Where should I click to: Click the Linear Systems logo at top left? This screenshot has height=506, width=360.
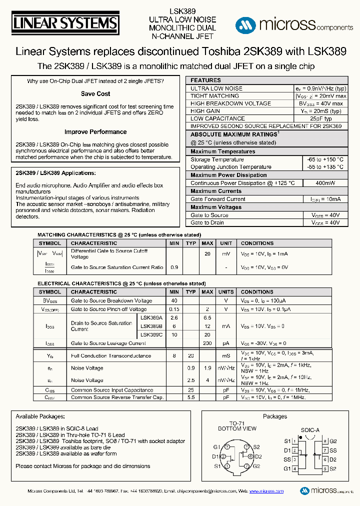point(65,23)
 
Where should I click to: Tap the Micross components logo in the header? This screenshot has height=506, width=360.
point(294,24)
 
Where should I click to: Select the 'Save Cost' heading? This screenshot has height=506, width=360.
point(95,94)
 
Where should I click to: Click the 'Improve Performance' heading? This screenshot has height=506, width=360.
point(95,132)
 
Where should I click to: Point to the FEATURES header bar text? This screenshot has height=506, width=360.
point(205,80)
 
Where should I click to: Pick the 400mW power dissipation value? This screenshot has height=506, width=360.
point(325,183)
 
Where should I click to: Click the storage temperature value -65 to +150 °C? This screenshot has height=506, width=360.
point(325,159)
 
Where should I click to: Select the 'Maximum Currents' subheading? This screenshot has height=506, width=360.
point(216,191)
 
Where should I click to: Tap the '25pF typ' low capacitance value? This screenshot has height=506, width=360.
point(320,118)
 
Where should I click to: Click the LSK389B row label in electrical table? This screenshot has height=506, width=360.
point(151,326)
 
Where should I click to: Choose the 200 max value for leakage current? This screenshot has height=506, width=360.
point(207,343)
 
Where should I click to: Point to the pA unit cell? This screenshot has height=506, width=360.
point(226,343)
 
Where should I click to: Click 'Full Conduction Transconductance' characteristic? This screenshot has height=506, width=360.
point(111,356)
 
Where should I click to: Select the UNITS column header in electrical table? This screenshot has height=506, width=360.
point(226,291)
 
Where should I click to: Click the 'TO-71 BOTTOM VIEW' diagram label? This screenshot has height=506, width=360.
point(237,425)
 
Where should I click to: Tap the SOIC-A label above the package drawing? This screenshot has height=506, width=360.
point(310,429)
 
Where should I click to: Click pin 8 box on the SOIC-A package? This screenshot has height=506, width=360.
point(324,441)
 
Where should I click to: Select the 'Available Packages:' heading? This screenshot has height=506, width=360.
point(40,416)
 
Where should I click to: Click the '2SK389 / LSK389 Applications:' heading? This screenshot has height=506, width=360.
point(55,173)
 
